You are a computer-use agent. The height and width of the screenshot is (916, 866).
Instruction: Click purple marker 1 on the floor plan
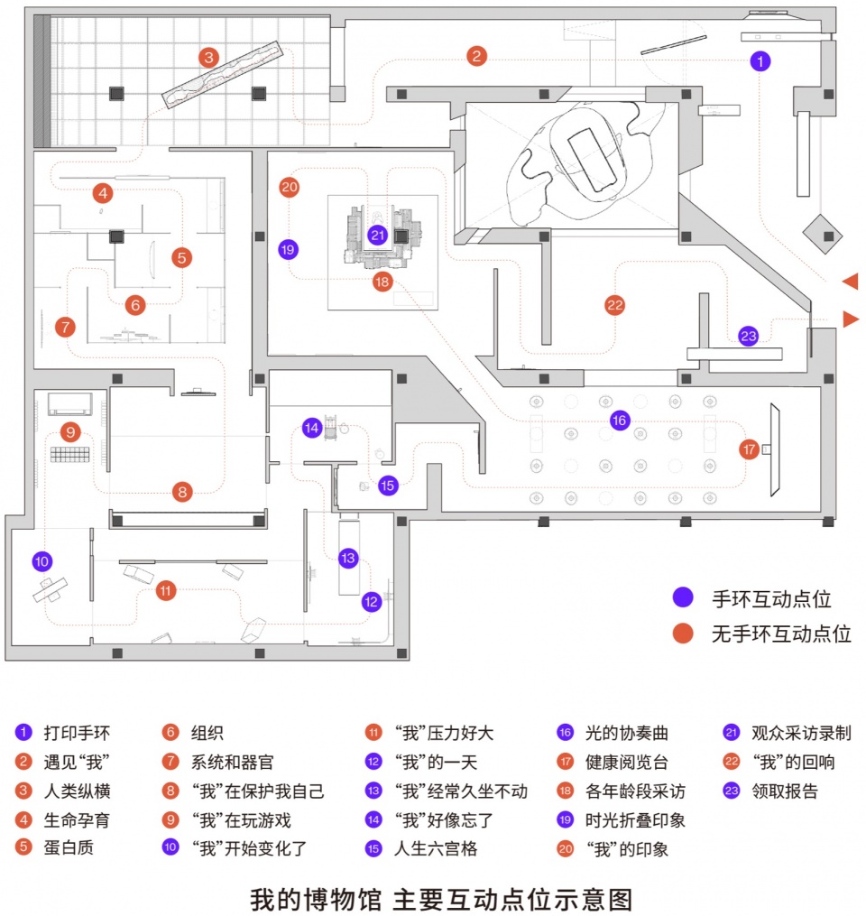[760, 60]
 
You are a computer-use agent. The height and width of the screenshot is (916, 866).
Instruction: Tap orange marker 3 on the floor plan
[208, 57]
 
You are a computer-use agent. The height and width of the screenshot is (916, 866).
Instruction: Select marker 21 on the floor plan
[378, 235]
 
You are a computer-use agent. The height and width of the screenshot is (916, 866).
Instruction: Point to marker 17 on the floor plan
[750, 449]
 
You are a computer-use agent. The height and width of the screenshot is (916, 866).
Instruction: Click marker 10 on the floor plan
[42, 561]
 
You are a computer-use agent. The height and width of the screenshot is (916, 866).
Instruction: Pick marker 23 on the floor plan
[749, 336]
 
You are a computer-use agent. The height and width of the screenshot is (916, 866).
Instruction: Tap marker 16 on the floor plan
[620, 420]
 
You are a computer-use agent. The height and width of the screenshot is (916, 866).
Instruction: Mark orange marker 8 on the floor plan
[182, 492]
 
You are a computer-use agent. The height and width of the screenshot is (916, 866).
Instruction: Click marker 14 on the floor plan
[312, 428]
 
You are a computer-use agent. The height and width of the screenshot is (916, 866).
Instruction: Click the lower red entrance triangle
[852, 319]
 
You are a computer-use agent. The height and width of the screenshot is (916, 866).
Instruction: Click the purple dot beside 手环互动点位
[683, 597]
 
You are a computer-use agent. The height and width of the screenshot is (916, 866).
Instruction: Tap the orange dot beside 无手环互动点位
[683, 634]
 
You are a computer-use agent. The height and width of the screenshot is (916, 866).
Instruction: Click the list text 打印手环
[77, 733]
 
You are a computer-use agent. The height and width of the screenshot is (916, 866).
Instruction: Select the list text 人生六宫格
[436, 848]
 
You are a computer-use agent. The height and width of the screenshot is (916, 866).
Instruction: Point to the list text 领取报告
[785, 791]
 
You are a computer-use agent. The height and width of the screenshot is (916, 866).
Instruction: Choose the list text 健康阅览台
[627, 762]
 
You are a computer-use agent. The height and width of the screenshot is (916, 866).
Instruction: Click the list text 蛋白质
[69, 847]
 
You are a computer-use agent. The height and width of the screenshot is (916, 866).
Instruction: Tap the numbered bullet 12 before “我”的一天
[373, 761]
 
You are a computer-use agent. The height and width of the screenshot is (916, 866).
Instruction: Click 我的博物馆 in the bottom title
[316, 900]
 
